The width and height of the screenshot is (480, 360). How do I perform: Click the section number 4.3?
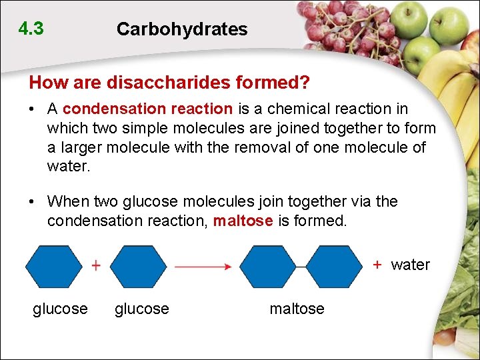click(31, 29)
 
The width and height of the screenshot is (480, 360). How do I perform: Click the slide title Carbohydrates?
click(181, 29)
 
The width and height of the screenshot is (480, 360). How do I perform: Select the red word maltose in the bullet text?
click(243, 220)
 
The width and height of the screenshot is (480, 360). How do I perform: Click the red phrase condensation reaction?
click(147, 109)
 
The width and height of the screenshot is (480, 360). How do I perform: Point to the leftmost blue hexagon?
click(54, 266)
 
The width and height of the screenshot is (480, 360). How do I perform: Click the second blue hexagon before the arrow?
click(138, 266)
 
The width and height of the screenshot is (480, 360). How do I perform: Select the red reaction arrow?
click(203, 267)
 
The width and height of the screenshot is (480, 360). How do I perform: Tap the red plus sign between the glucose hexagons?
click(96, 265)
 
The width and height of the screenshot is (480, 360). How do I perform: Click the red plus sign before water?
click(377, 265)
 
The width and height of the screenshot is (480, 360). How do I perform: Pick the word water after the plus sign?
click(410, 265)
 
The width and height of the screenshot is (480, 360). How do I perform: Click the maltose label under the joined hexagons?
click(297, 309)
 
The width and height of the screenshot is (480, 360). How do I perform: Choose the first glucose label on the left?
click(60, 309)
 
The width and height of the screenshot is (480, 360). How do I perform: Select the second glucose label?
click(142, 309)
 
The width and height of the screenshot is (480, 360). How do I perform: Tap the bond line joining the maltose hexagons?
click(301, 267)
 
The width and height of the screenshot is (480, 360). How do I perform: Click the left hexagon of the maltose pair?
click(267, 267)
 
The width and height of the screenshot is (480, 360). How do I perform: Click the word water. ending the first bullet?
click(68, 166)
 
